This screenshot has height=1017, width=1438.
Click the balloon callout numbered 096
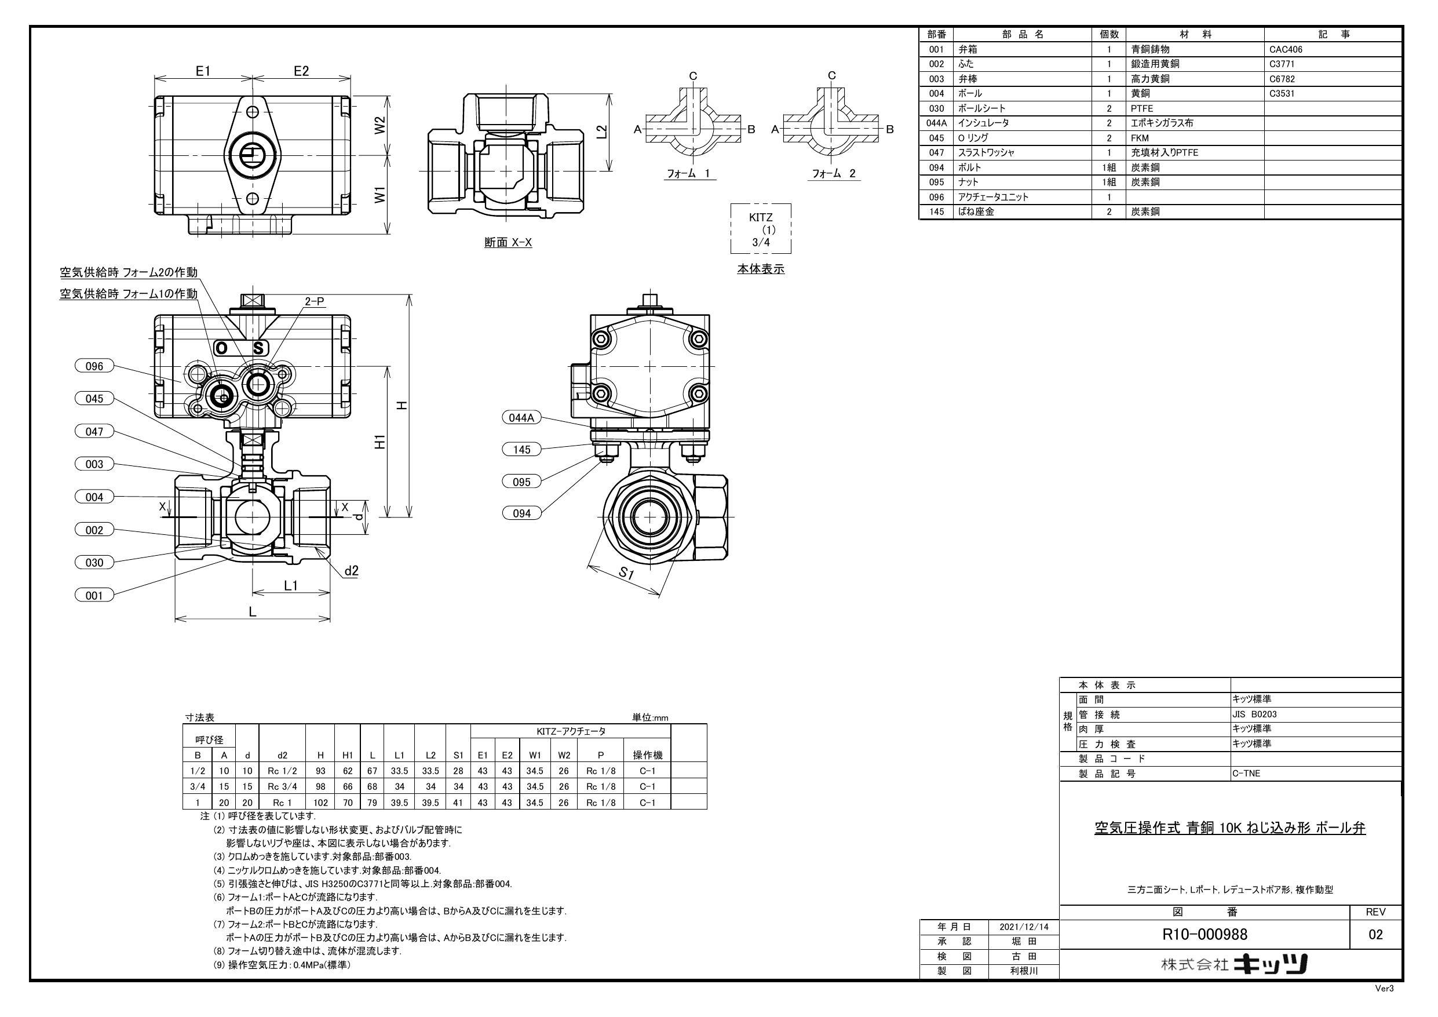94,366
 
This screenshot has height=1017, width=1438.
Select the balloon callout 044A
521,418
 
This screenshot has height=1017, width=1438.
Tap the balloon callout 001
94,595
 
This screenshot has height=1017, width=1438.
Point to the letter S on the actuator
258,348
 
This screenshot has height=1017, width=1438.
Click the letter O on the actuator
222,348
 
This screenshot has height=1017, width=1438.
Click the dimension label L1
291,585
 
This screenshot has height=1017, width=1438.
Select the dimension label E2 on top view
301,71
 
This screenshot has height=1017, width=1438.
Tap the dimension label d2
351,570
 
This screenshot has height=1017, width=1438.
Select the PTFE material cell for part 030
1142,108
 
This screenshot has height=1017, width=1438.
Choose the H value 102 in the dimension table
320,802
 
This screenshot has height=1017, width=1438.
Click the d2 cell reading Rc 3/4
282,786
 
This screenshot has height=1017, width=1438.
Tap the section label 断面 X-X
508,242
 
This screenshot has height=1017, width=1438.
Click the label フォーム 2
834,174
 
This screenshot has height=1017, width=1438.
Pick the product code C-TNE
1247,773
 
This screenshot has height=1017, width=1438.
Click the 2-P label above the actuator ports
315,301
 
